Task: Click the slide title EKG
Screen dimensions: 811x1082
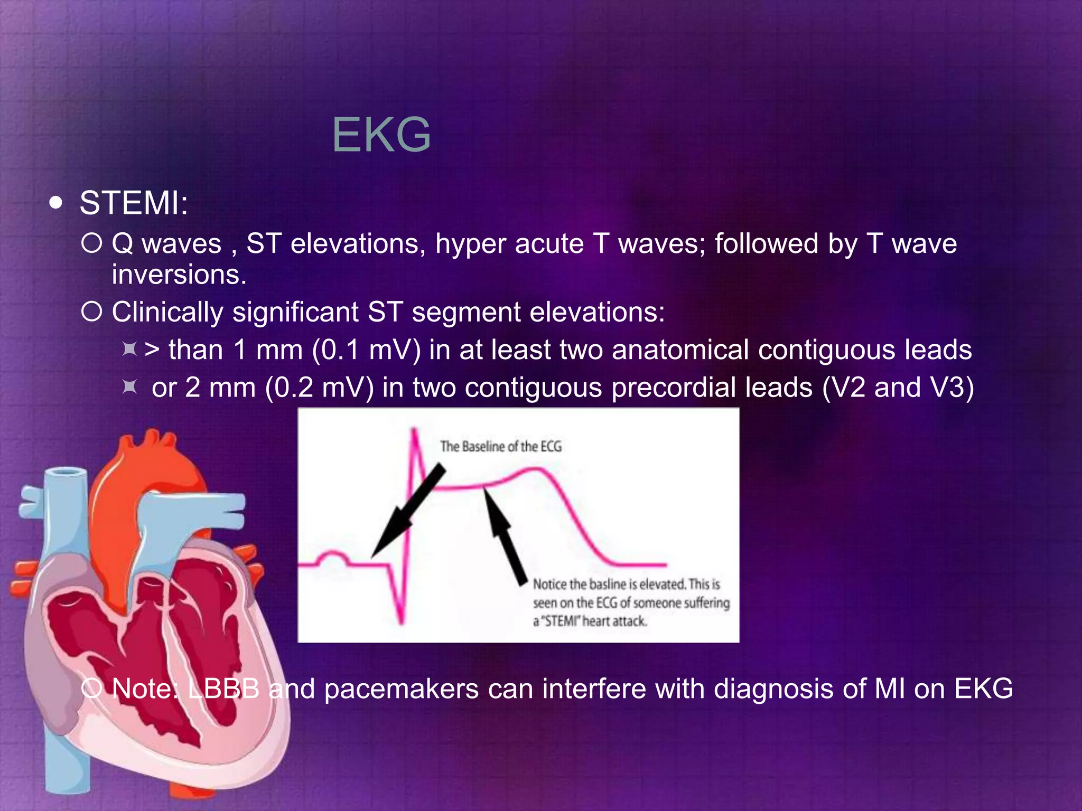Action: [x=381, y=136]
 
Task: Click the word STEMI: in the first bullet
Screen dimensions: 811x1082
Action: [x=134, y=203]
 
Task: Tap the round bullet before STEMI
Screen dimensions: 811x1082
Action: [x=55, y=203]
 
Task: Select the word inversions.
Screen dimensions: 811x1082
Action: [x=179, y=275]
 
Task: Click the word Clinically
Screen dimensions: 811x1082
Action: [x=167, y=312]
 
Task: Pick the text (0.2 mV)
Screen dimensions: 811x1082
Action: [x=320, y=388]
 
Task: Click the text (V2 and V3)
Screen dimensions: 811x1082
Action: [x=898, y=388]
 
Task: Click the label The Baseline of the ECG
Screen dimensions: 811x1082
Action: [x=501, y=447]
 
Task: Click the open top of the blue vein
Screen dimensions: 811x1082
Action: [x=66, y=472]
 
